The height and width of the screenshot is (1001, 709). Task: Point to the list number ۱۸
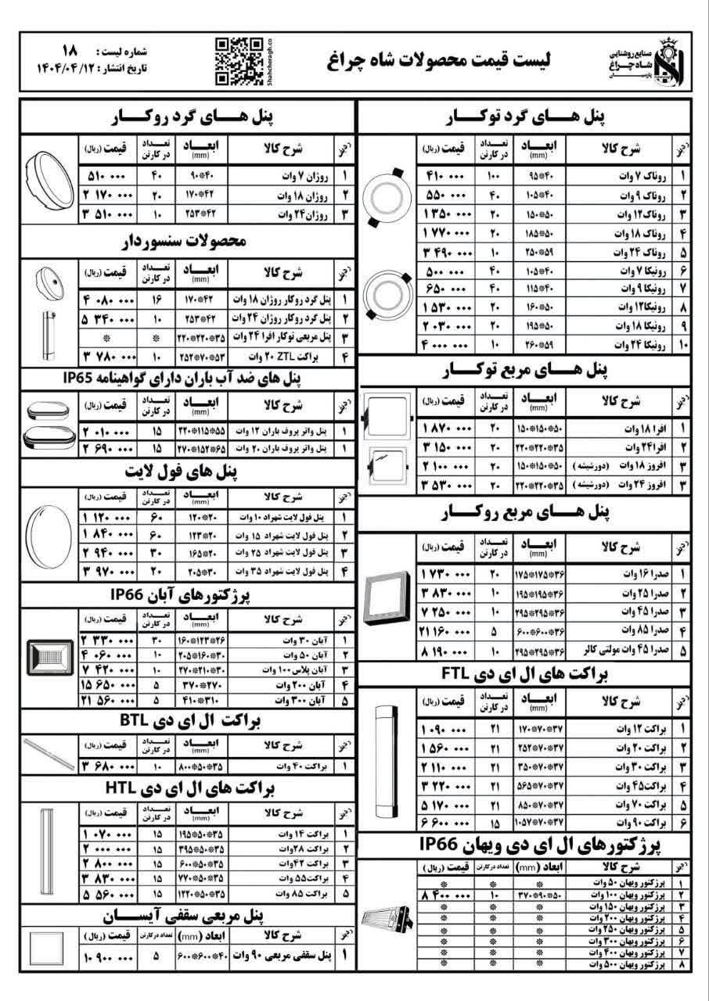click(68, 49)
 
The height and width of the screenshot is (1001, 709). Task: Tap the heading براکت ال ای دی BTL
click(188, 720)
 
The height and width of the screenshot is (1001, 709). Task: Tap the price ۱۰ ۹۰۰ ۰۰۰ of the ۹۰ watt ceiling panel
click(109, 956)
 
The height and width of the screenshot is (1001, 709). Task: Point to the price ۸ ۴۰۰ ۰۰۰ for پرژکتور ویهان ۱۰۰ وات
click(447, 893)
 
